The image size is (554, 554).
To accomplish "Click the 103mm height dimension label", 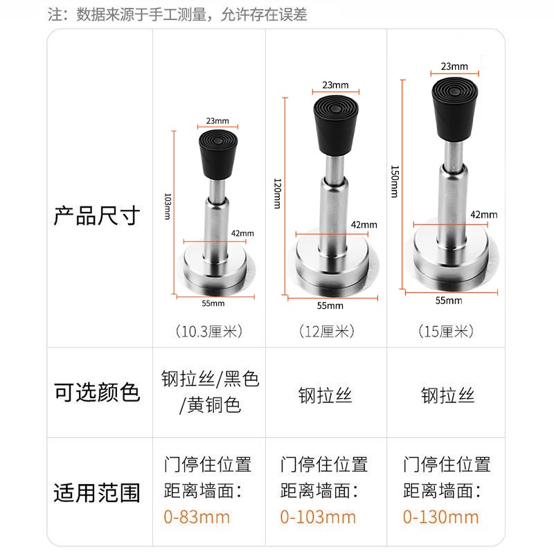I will click(x=168, y=206).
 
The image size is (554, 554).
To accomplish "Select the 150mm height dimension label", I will click(x=394, y=181).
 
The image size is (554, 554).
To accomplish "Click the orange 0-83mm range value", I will click(x=197, y=517).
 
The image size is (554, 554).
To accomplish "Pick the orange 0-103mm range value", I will click(x=318, y=517).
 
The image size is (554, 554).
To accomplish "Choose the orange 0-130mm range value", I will click(x=440, y=517).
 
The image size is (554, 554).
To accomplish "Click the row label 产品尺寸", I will click(x=97, y=215).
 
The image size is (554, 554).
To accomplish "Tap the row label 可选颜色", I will click(x=97, y=393).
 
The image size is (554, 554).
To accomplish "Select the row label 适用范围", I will click(x=97, y=493).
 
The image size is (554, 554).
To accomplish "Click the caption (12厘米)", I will click(x=325, y=332).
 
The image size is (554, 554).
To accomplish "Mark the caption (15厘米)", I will click(x=447, y=332).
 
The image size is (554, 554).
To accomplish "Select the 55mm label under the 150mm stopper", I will click(x=449, y=301).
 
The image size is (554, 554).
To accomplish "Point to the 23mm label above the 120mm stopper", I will click(x=335, y=86).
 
